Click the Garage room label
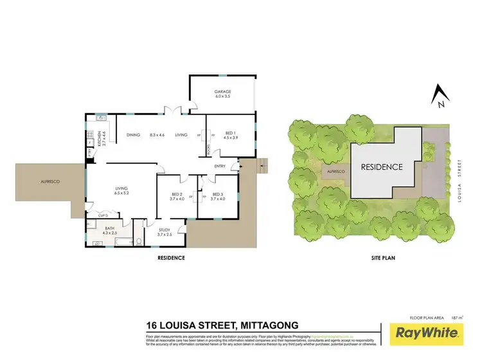click(x=222, y=92)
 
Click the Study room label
click(x=165, y=230)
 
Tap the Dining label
click(x=133, y=134)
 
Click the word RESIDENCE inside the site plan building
click(x=382, y=166)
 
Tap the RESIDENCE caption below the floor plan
click(x=171, y=258)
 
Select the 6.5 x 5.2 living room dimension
click(x=122, y=192)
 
